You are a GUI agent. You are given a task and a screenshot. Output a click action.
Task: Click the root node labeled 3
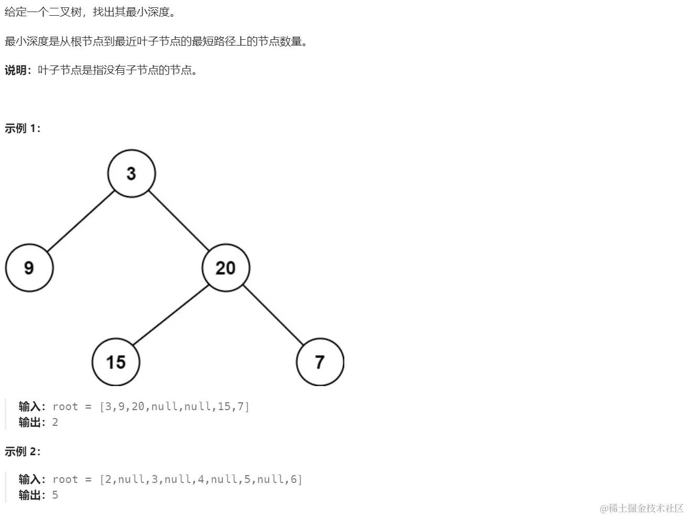[x=132, y=173]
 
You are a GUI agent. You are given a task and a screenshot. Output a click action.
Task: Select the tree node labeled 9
[x=29, y=268]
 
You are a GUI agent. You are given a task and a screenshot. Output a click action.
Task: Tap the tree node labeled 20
[x=226, y=268]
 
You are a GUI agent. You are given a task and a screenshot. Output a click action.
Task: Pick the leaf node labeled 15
[x=116, y=362]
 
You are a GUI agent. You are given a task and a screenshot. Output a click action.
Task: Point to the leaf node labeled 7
[x=320, y=362]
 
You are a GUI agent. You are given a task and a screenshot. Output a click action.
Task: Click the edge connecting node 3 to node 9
[x=81, y=221]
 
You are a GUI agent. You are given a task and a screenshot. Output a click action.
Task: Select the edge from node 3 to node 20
[x=179, y=221]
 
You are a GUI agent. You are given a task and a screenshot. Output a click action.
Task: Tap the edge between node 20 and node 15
[x=171, y=315]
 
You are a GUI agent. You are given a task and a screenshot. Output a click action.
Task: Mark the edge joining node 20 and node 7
[x=273, y=315]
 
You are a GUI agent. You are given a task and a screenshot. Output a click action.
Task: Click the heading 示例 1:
[x=23, y=128]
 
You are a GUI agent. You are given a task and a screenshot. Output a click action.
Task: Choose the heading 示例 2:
[x=23, y=452]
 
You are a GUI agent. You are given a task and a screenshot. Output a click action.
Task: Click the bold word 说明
[x=16, y=70]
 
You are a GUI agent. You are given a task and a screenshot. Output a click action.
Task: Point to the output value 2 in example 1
[x=55, y=422]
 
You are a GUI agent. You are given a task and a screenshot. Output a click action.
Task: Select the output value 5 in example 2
[x=55, y=495]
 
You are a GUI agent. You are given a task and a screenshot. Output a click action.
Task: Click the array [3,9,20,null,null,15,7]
[x=175, y=406]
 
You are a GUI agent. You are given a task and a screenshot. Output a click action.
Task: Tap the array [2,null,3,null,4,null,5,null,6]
[x=201, y=479]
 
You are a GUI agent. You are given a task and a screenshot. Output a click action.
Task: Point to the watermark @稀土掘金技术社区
[x=642, y=508]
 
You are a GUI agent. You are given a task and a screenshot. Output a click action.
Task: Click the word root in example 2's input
[x=65, y=479]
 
